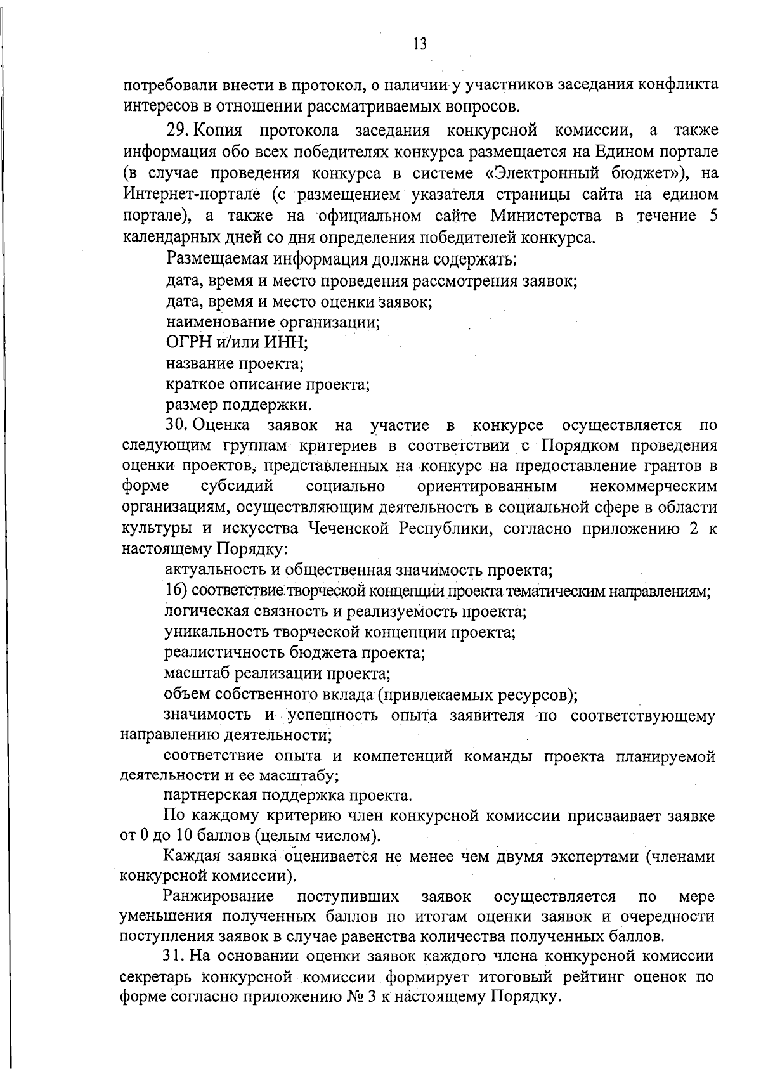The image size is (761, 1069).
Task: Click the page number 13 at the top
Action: click(419, 44)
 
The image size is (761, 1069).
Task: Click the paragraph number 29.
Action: click(178, 132)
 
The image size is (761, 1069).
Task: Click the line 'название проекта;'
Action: click(235, 364)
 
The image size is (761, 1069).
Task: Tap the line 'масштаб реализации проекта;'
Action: click(276, 673)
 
